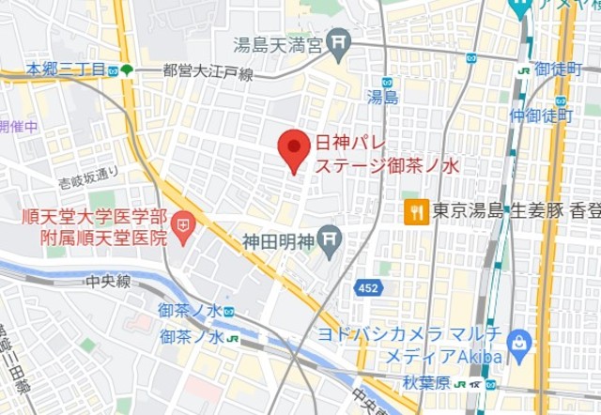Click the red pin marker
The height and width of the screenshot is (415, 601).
296,148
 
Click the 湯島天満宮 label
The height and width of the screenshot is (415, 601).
279,43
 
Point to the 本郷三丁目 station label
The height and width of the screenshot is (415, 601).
64,69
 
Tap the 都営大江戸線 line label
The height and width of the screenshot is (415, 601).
207,70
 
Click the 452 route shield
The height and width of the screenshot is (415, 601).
369,288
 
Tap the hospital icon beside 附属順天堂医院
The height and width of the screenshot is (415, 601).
181,226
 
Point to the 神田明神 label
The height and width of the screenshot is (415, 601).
279,239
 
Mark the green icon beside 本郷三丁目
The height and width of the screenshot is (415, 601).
126,69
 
